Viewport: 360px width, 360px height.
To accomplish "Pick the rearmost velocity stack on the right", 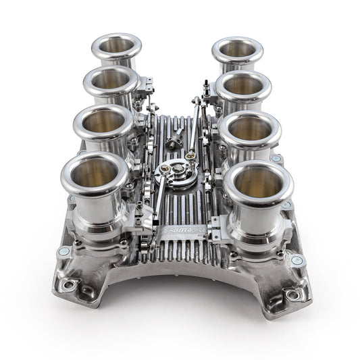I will coord(236,50).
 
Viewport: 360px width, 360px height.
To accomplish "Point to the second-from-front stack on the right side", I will coord(251,129).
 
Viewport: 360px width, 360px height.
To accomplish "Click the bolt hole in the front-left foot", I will coord(68,286).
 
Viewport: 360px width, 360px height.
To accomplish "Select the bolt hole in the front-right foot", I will coord(292,295).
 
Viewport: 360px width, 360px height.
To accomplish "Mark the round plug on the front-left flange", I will coord(63,251).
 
